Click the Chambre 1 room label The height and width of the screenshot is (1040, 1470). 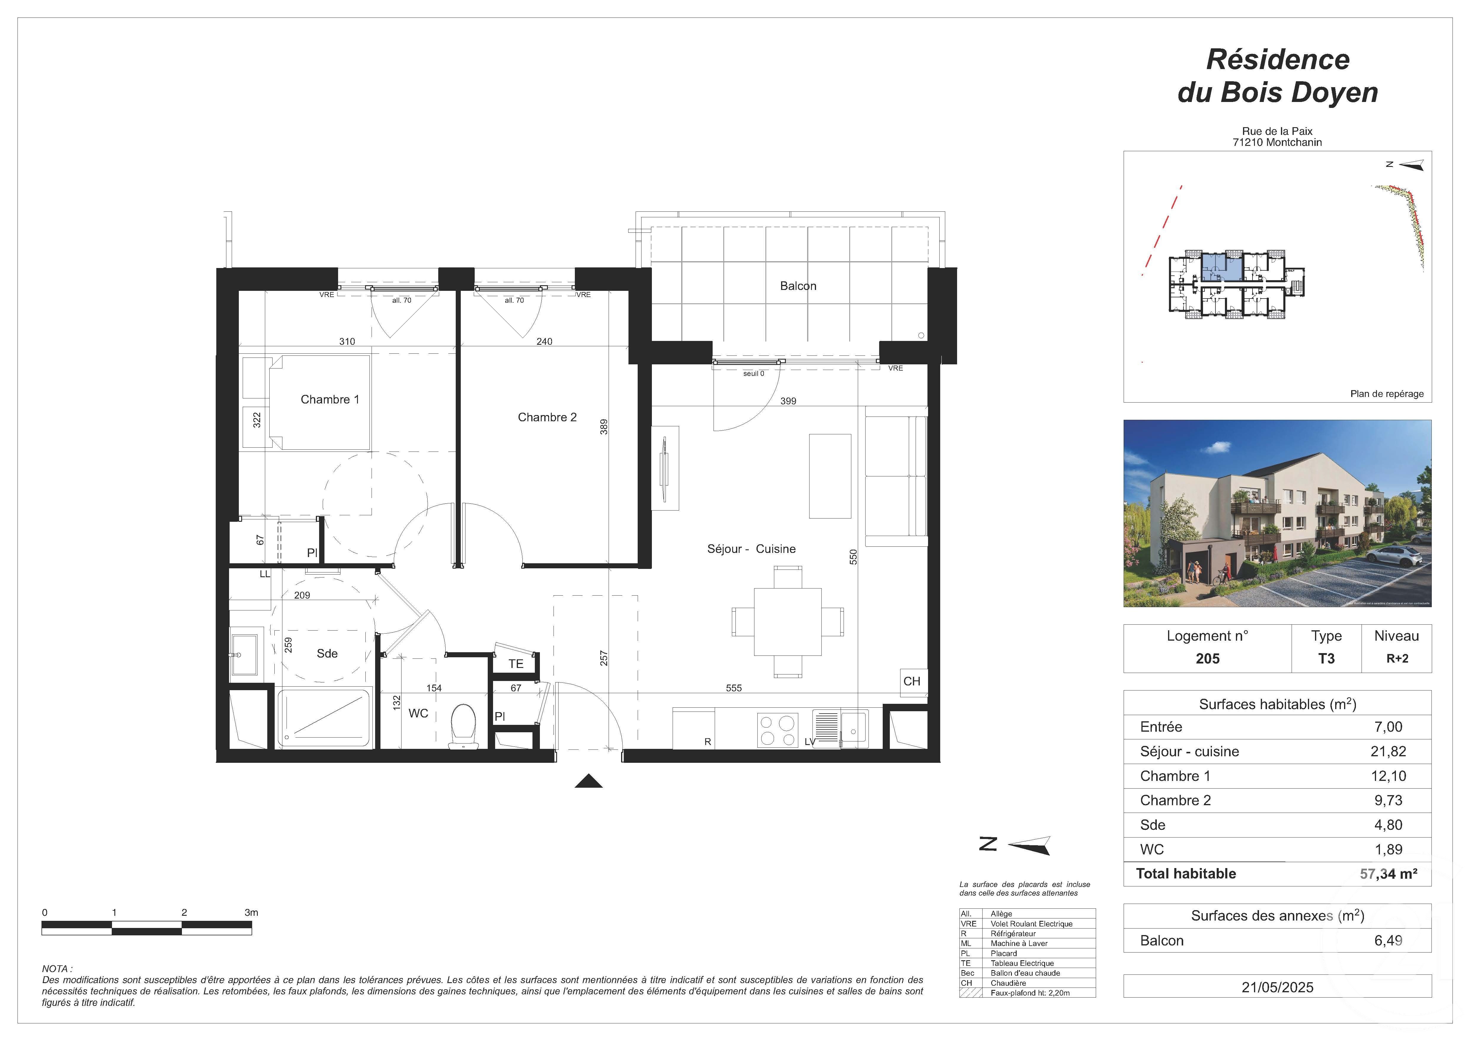click(330, 400)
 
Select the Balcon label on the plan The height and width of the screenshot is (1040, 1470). click(798, 286)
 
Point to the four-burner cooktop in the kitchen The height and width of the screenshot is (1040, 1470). click(777, 730)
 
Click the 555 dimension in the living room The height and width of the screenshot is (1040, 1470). click(734, 688)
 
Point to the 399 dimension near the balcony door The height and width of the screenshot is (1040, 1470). click(788, 401)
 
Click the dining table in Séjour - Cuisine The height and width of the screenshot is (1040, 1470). click(788, 622)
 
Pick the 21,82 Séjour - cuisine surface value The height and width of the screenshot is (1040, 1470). click(1388, 752)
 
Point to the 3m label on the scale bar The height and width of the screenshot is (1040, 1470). click(251, 913)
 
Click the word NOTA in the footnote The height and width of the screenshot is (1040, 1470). click(56, 969)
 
